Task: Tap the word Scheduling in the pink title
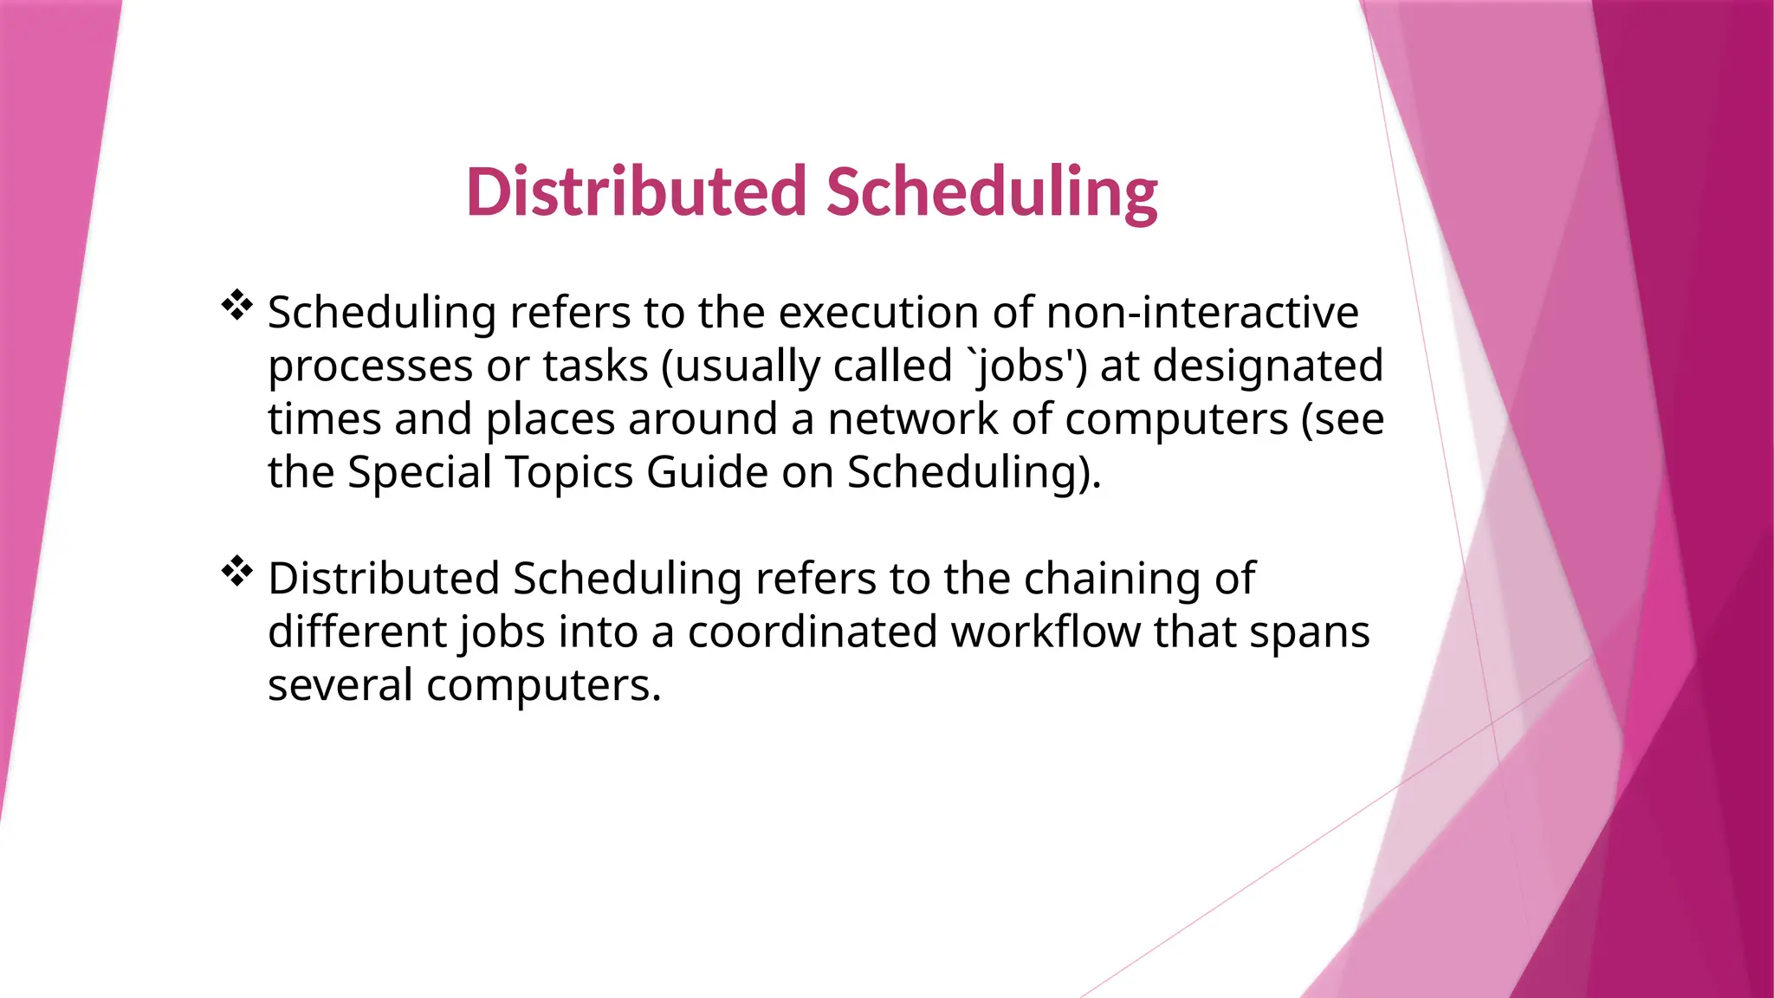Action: tap(992, 192)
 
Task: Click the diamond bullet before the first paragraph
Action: tap(236, 305)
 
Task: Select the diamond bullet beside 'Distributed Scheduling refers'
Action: tap(236, 571)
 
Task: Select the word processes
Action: tap(370, 366)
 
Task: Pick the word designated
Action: tap(1268, 366)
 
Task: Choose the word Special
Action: tap(419, 473)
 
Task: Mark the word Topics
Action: tap(569, 473)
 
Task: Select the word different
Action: tap(357, 632)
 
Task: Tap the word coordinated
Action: tap(813, 632)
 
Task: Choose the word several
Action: tap(340, 685)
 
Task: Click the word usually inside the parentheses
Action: tap(747, 366)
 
